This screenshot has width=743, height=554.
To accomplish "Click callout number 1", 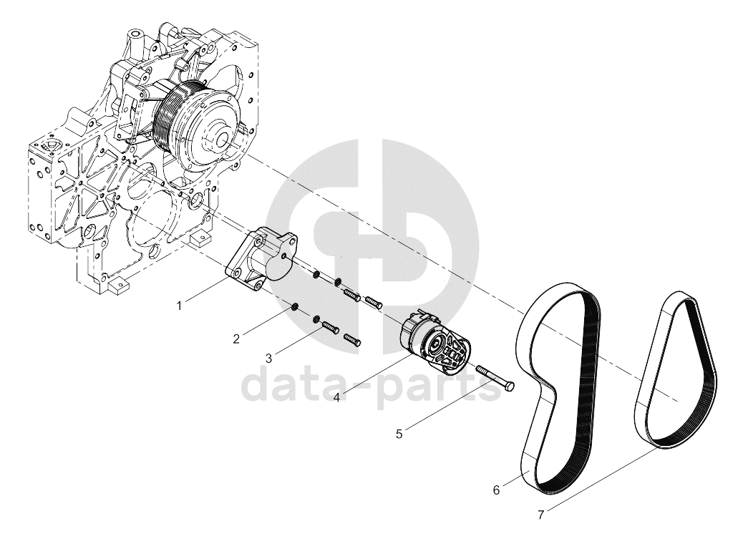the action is click(x=179, y=306).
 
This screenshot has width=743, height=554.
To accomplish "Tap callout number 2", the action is click(x=236, y=339).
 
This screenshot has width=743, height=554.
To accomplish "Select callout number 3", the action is click(x=268, y=359).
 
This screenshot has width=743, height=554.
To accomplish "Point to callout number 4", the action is click(x=336, y=397).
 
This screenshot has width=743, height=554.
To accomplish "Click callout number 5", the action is click(x=399, y=434).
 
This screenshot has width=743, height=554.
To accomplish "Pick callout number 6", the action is click(x=496, y=490).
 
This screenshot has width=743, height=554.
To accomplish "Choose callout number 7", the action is click(x=540, y=514).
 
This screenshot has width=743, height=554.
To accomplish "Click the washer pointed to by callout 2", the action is click(x=294, y=307).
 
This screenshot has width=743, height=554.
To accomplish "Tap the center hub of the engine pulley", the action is click(x=223, y=138).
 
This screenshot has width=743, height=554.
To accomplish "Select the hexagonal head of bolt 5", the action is click(x=510, y=387).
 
